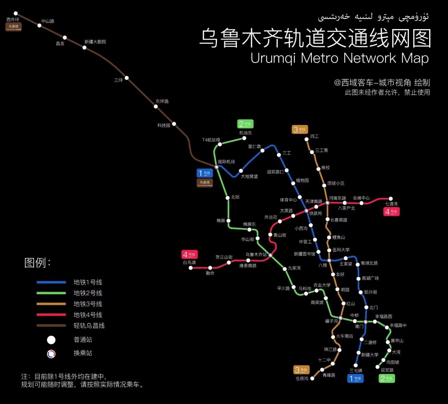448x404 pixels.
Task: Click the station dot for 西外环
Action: [16, 14]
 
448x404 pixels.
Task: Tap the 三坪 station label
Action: [119, 80]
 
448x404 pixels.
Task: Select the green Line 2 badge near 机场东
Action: [245, 124]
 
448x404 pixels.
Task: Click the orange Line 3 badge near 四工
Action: [300, 129]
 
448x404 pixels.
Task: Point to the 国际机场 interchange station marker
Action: [217, 167]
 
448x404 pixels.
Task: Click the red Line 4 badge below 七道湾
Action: [392, 212]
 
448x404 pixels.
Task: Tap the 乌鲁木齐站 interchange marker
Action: [270, 255]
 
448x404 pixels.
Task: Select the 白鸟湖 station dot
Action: [190, 268]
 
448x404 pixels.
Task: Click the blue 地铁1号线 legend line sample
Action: [51, 282]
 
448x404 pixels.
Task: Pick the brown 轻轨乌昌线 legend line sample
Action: [51, 325]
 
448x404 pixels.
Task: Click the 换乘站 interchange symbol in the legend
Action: [51, 354]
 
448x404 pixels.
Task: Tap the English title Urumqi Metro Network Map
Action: [340, 58]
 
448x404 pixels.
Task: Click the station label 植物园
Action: [302, 181]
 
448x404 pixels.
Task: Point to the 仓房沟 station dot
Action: [312, 378]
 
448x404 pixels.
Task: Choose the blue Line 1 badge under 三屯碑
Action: [355, 378]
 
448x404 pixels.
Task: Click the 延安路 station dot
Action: [377, 367]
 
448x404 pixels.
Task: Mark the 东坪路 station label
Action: [162, 101]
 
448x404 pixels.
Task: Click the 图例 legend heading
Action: [37, 263]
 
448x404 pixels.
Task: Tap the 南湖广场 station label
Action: [370, 278]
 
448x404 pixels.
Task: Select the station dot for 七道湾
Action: [391, 199]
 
